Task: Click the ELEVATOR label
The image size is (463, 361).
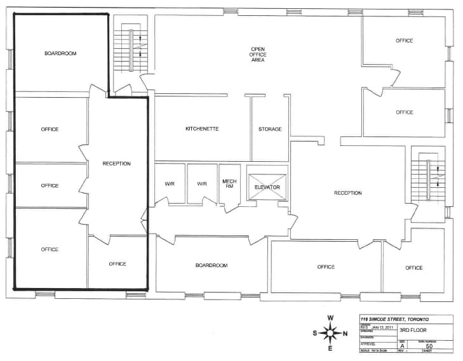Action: coord(267,187)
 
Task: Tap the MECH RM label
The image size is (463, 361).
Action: coord(229,184)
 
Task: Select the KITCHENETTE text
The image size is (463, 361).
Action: coord(202,129)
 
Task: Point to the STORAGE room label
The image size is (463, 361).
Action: coord(270,129)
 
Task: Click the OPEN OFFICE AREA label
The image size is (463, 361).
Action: coord(257,54)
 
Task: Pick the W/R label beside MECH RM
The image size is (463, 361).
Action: coord(202,184)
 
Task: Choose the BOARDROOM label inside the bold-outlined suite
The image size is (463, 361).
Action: coord(60,54)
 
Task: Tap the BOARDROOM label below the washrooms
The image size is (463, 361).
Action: coord(211,265)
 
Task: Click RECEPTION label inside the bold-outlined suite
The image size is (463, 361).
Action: coord(117,164)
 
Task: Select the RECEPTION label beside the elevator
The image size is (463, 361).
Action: coord(348,193)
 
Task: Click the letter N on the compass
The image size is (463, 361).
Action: coord(346,333)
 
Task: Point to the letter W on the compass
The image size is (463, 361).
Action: coord(330,318)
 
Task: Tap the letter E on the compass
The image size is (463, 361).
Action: coord(330,348)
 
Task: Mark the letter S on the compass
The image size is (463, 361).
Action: coord(315,333)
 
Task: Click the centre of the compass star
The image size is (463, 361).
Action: coord(330,333)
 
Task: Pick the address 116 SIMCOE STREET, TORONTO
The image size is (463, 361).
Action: coord(394,319)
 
